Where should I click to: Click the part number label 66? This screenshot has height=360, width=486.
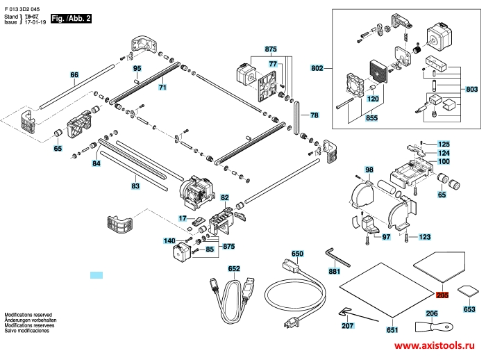75,74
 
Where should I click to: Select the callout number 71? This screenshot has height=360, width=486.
162,88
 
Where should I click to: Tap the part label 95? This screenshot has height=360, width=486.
137,68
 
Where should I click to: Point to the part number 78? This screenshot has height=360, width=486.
314,115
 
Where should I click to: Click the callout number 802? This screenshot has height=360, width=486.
317,68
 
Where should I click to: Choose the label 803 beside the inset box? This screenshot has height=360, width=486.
472,90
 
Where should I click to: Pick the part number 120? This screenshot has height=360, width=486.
372,99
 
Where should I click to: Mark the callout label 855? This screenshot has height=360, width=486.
372,119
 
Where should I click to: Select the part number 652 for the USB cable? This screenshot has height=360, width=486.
234,268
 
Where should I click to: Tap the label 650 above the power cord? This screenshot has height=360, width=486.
298,254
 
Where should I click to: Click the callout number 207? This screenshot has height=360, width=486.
347,325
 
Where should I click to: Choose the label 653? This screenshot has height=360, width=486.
470,310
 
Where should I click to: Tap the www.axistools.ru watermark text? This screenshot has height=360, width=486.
438,345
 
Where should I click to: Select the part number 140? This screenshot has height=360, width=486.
169,240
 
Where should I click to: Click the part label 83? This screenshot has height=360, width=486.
135,186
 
